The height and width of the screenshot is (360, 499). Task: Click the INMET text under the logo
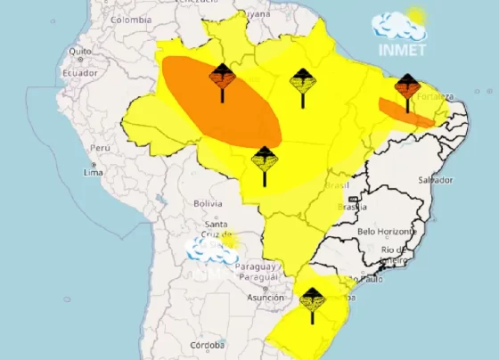click(x=400, y=47)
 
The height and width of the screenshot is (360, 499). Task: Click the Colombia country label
click(x=131, y=20)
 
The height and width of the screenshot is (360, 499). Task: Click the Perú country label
click(x=100, y=148)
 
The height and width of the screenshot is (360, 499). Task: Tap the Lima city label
click(x=94, y=172)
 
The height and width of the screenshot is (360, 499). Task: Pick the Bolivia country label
click(x=207, y=203)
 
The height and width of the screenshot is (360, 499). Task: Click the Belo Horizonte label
click(x=386, y=231)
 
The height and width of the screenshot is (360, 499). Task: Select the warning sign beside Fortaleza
click(x=406, y=89)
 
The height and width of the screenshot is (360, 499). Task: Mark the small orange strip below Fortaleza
click(x=405, y=112)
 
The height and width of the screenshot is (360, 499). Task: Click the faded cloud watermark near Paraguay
click(x=212, y=250)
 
